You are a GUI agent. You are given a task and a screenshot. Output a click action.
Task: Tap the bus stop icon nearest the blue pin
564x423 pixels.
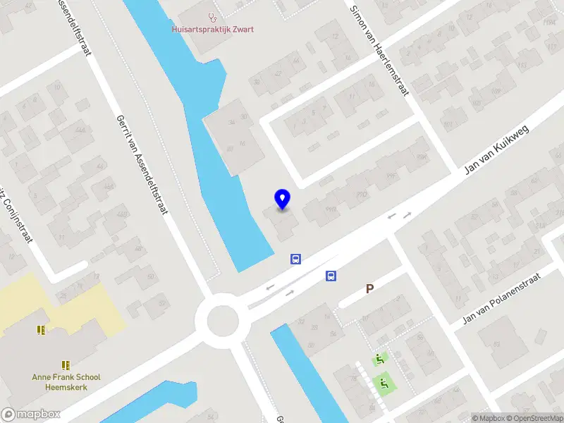point(296,259)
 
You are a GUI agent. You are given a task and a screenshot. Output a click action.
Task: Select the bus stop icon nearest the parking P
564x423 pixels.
point(330,276)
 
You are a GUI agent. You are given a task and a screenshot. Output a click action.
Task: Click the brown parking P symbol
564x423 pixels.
point(369,288)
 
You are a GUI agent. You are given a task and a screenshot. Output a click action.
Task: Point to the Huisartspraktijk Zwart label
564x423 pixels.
point(213,30)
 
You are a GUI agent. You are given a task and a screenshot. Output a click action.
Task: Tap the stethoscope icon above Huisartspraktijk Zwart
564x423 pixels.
point(211,16)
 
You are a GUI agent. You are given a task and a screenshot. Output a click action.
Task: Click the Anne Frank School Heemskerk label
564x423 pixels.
point(66,381)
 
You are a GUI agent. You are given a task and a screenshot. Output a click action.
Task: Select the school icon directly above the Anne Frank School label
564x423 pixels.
point(66,365)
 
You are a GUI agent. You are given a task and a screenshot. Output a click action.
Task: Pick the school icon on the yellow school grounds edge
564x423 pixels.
point(41,329)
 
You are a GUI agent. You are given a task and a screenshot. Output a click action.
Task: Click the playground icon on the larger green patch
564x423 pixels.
point(385,384)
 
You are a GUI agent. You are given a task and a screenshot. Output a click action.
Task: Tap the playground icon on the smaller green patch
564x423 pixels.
point(379,358)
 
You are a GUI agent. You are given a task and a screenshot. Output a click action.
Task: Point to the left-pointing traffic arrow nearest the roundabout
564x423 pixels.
point(269,288)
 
